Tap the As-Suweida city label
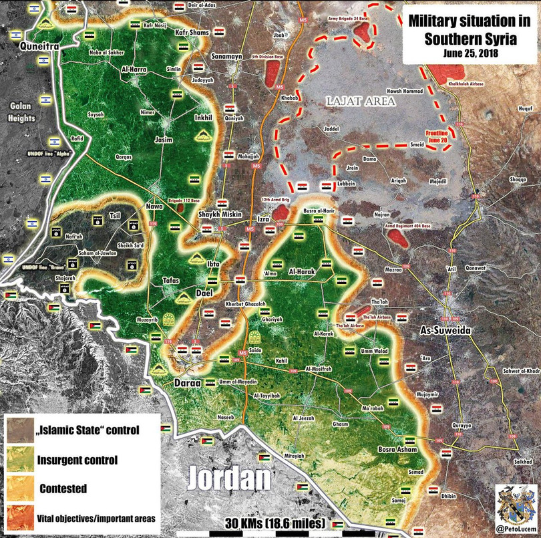click(445, 331)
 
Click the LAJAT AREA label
click(361, 101)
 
